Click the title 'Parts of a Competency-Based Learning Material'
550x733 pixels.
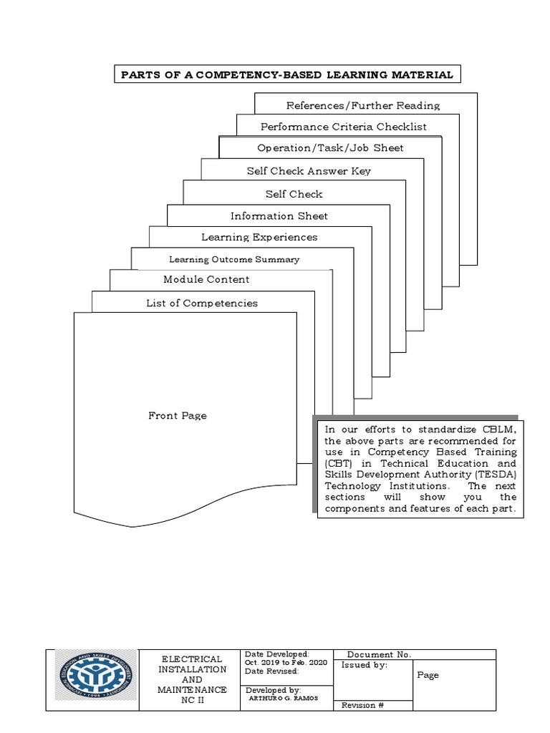coord(286,74)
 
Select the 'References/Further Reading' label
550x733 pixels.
coord(363,106)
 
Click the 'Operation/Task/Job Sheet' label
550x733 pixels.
coord(330,148)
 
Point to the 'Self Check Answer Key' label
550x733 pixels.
coord(309,171)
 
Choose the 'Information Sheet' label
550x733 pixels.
coord(279,216)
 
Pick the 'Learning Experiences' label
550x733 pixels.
coord(259,237)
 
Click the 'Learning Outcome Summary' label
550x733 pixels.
coord(234,259)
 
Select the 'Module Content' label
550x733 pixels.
coord(206,279)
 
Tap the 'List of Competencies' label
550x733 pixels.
coord(202,303)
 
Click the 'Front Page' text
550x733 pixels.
coord(178,415)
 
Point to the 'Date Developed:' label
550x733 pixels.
coord(276,654)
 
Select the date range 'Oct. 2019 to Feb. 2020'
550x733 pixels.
coord(286,662)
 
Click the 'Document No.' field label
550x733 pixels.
coord(379,654)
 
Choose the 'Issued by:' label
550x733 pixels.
coord(365,665)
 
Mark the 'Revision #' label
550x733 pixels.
coord(363,705)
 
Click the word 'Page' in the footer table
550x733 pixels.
coord(428,675)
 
